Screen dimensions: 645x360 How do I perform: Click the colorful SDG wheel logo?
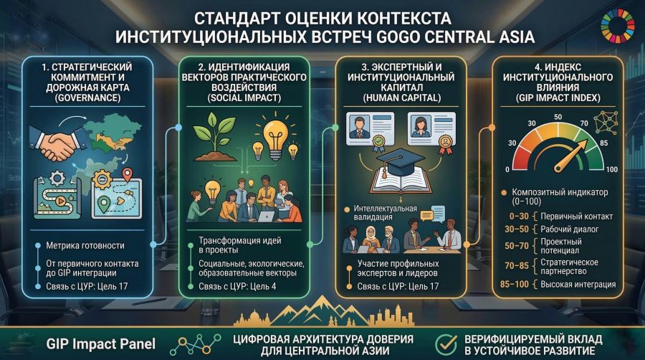618,27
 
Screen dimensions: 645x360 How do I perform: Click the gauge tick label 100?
611,169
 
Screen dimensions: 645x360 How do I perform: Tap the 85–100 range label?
514,284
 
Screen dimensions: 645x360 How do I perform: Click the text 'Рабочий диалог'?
569,229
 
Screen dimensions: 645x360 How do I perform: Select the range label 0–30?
519,217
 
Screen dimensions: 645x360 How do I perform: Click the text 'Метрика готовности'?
85,246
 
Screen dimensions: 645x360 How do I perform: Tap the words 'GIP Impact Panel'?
101,344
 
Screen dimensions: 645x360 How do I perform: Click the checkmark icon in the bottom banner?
446,344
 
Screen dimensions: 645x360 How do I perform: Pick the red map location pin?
128,174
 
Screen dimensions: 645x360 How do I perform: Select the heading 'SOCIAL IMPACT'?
244,98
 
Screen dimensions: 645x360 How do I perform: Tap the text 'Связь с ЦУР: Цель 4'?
237,286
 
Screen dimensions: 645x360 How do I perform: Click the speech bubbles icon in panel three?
433,213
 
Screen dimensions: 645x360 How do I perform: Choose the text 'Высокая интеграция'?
578,284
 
